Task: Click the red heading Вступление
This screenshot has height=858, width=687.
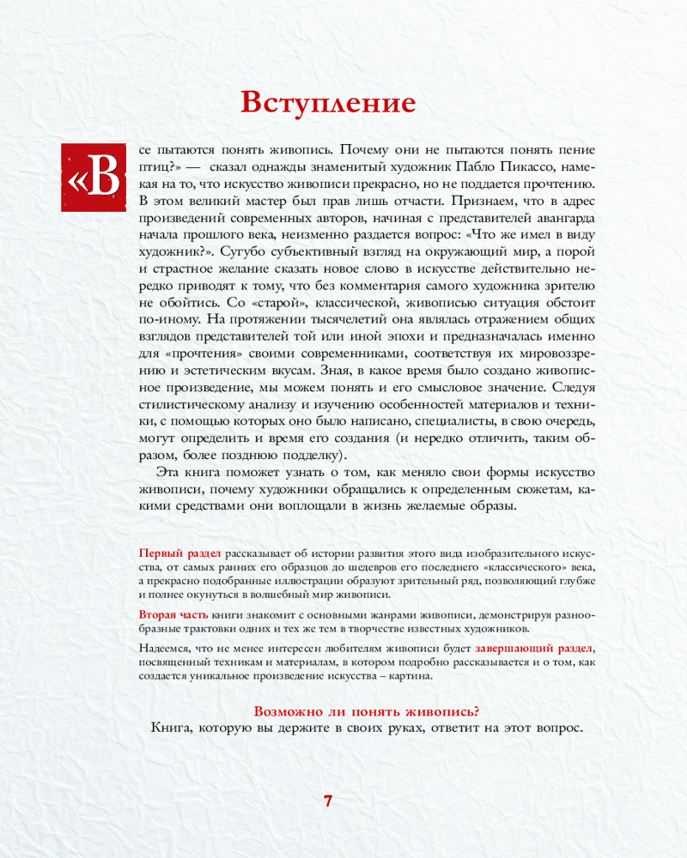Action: pos(328,103)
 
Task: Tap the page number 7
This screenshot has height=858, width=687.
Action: pos(328,801)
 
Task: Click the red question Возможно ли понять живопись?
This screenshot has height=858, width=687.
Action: pos(368,710)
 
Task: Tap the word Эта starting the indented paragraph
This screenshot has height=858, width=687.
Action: pos(169,473)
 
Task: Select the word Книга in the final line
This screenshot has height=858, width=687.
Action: pos(171,728)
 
